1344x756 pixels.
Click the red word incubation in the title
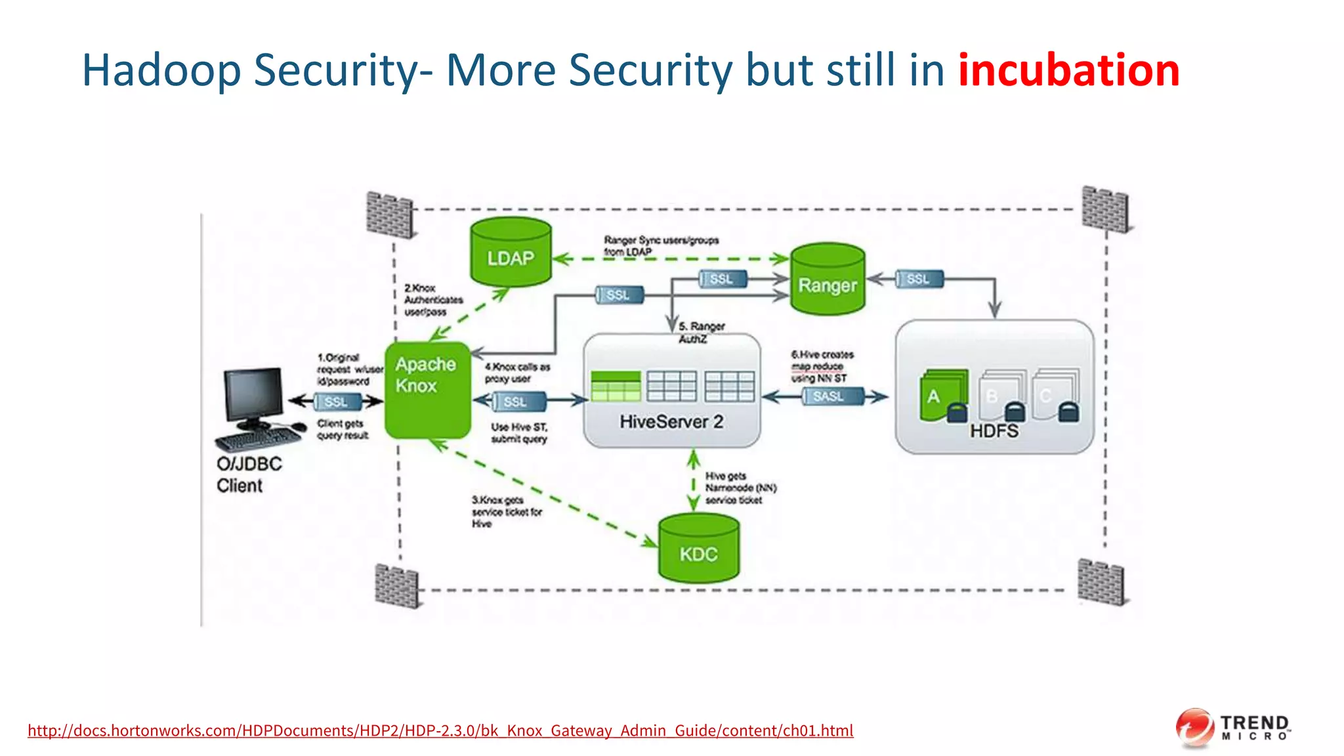click(x=1068, y=70)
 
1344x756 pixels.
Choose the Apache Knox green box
click(x=427, y=390)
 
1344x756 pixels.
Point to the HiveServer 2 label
click(x=671, y=421)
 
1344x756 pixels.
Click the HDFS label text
click(x=994, y=431)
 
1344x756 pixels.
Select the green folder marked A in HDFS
click(x=942, y=396)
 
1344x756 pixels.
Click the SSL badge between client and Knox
click(x=337, y=401)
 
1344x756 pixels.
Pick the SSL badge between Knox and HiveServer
click(x=517, y=401)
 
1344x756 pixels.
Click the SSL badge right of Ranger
click(x=919, y=279)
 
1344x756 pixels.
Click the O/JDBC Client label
click(x=249, y=474)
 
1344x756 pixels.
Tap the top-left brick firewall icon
click(x=390, y=214)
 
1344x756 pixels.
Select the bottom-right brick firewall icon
click(x=1101, y=581)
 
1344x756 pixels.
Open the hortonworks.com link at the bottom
click(x=440, y=730)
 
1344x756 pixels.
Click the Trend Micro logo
click(x=1232, y=728)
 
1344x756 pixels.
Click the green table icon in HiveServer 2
click(x=615, y=386)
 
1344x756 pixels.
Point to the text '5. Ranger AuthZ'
click(x=700, y=332)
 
